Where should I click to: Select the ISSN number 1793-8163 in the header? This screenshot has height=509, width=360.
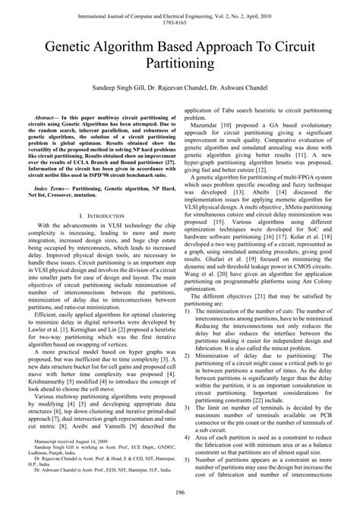tap(179, 21)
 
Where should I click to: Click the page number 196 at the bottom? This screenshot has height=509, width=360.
tap(179, 495)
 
